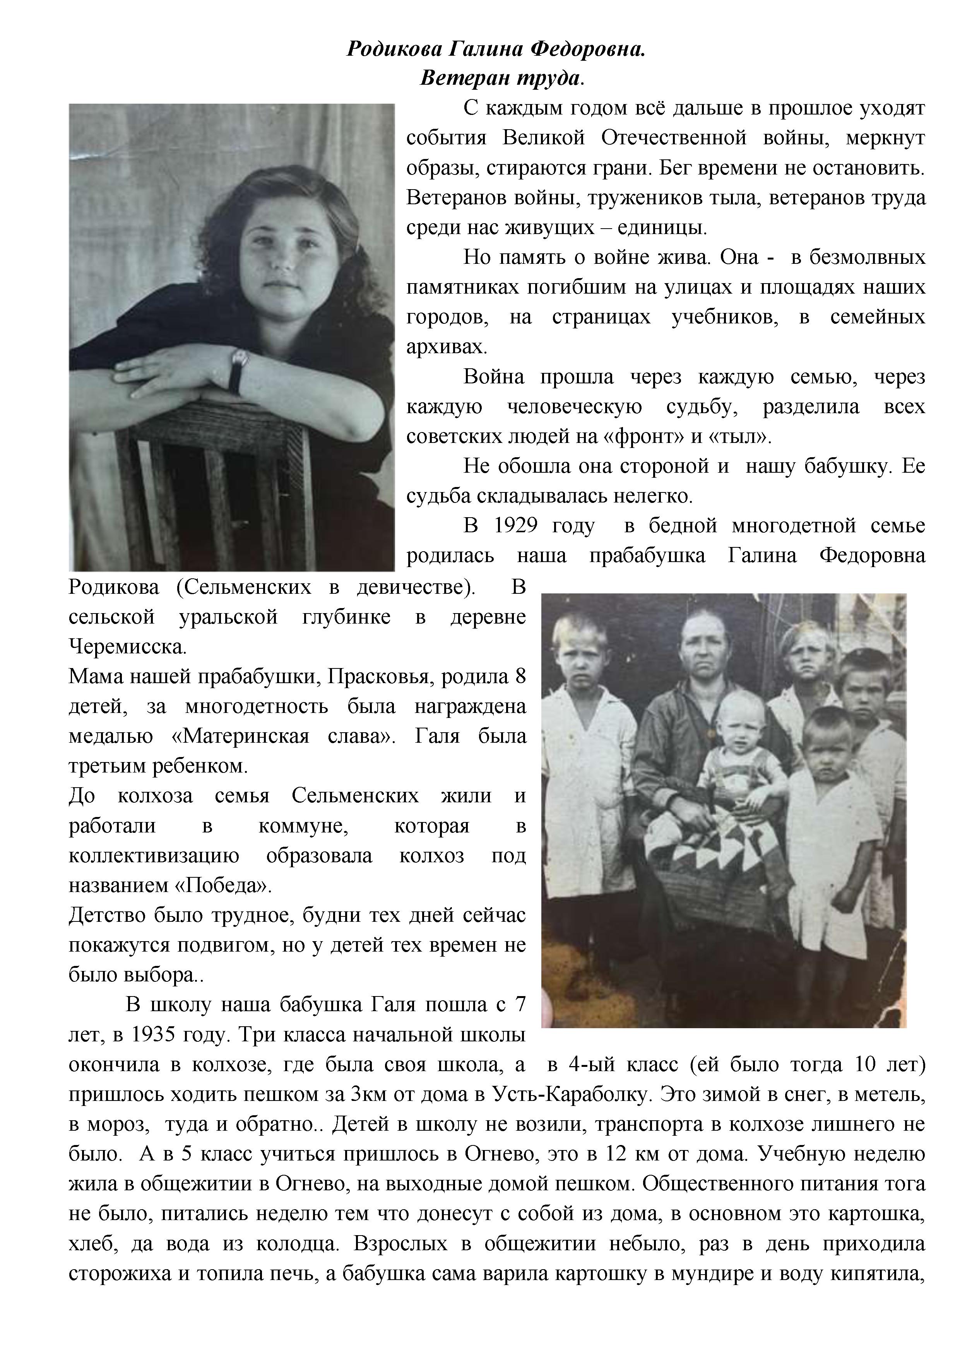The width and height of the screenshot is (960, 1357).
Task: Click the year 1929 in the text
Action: coord(515,525)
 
